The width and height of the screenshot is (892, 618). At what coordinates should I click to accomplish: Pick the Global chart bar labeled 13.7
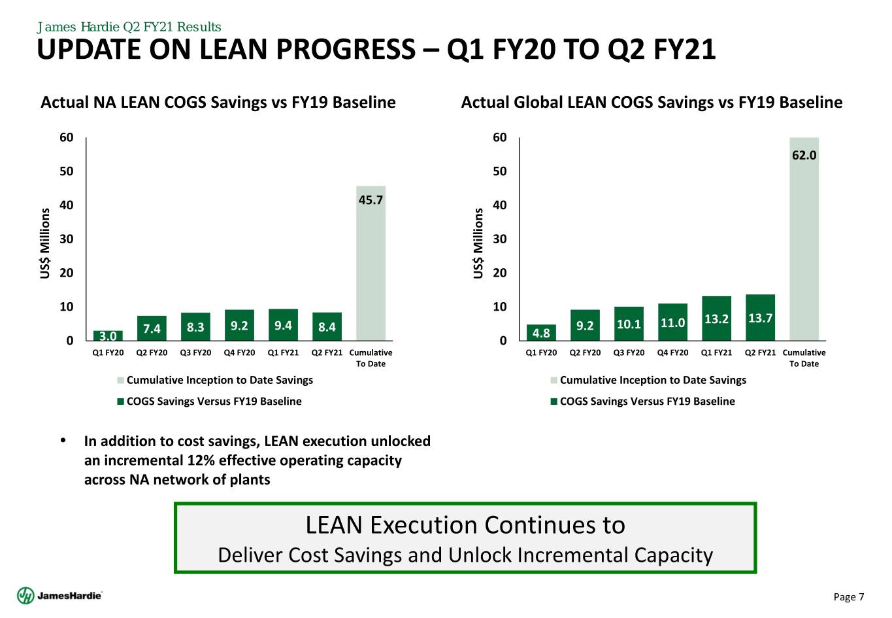click(x=760, y=318)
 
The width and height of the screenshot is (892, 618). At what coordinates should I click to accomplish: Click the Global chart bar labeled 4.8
click(x=541, y=333)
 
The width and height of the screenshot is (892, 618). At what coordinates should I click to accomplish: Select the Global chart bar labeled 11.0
click(x=672, y=322)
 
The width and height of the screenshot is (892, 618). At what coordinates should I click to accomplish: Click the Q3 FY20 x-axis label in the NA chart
click(x=195, y=352)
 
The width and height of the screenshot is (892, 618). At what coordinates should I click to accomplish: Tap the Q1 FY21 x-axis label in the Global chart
click(x=716, y=352)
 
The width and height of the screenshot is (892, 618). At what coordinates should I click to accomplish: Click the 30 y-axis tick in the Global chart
click(x=500, y=239)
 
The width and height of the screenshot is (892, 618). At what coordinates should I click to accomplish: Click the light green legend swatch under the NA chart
click(x=120, y=381)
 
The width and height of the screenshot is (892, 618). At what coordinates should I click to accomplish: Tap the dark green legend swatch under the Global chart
click(x=554, y=402)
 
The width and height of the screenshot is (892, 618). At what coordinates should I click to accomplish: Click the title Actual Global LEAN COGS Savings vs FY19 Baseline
click(x=652, y=103)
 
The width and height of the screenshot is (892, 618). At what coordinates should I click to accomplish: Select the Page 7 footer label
click(x=849, y=596)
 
